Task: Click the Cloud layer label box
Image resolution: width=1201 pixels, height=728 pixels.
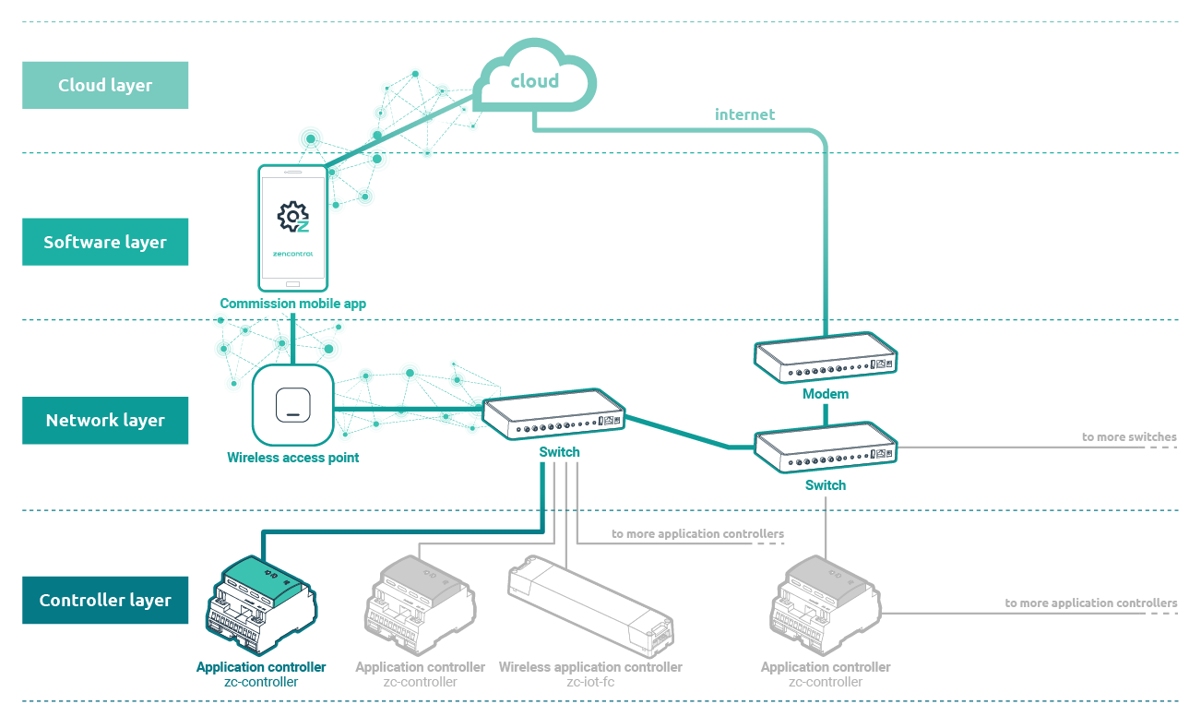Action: click(105, 85)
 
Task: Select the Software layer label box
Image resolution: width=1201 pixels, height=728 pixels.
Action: click(105, 242)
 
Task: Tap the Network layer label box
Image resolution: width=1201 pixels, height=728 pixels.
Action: click(105, 421)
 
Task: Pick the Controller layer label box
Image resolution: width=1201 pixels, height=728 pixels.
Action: click(105, 601)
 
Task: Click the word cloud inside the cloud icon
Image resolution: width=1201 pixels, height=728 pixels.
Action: click(535, 81)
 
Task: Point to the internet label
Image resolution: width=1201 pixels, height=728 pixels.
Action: click(744, 114)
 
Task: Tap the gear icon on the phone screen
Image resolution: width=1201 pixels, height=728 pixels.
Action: click(292, 216)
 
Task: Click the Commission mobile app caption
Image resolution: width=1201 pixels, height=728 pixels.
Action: click(292, 304)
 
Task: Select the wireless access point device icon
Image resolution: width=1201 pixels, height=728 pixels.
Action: click(292, 405)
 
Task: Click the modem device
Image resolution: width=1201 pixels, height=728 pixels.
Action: click(826, 358)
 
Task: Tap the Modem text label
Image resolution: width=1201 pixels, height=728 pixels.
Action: click(826, 394)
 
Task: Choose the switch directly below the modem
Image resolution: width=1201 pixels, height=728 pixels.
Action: click(826, 448)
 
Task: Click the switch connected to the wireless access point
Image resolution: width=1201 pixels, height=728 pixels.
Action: click(553, 414)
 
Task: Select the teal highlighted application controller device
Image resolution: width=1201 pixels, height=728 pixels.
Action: click(262, 605)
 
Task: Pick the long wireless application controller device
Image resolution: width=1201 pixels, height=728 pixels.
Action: click(590, 606)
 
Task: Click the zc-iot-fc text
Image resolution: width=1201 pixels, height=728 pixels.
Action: click(590, 682)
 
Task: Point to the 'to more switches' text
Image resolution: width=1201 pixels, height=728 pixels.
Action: click(1129, 436)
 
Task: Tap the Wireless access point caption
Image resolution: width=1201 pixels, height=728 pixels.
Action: click(292, 458)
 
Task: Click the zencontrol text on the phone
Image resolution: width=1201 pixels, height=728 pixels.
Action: click(292, 254)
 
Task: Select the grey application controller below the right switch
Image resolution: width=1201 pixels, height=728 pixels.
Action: click(826, 605)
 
